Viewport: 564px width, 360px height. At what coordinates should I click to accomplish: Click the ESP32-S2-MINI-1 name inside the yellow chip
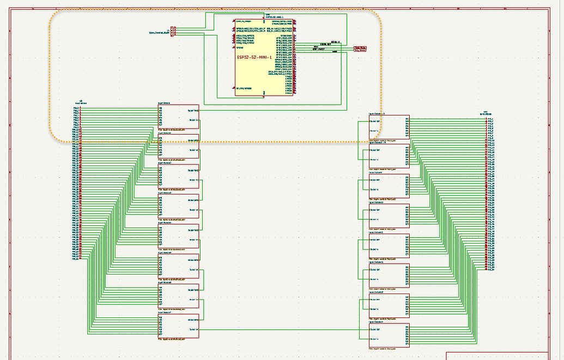(x=254, y=57)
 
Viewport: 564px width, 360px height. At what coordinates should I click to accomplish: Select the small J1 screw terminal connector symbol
(x=173, y=31)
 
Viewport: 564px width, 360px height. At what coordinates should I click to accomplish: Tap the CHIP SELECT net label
(x=319, y=49)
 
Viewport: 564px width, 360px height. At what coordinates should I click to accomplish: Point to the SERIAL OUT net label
(x=325, y=45)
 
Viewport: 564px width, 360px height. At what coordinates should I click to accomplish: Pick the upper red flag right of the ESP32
(x=360, y=47)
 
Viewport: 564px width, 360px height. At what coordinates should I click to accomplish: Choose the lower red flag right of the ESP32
(x=360, y=51)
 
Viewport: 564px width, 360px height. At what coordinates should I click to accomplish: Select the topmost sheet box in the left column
(x=178, y=116)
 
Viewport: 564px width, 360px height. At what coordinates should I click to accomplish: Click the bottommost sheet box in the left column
(x=178, y=325)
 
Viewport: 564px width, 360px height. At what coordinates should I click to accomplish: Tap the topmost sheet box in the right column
(x=389, y=127)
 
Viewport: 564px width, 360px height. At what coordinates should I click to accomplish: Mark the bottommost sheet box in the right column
(x=389, y=335)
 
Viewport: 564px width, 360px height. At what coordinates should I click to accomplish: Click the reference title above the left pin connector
(x=81, y=102)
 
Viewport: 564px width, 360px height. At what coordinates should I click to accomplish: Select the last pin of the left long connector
(x=80, y=258)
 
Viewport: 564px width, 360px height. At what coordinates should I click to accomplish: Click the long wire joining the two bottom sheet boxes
(x=283, y=330)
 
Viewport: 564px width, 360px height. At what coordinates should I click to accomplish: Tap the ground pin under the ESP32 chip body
(x=264, y=97)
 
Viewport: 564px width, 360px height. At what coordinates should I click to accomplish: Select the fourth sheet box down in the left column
(x=178, y=205)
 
